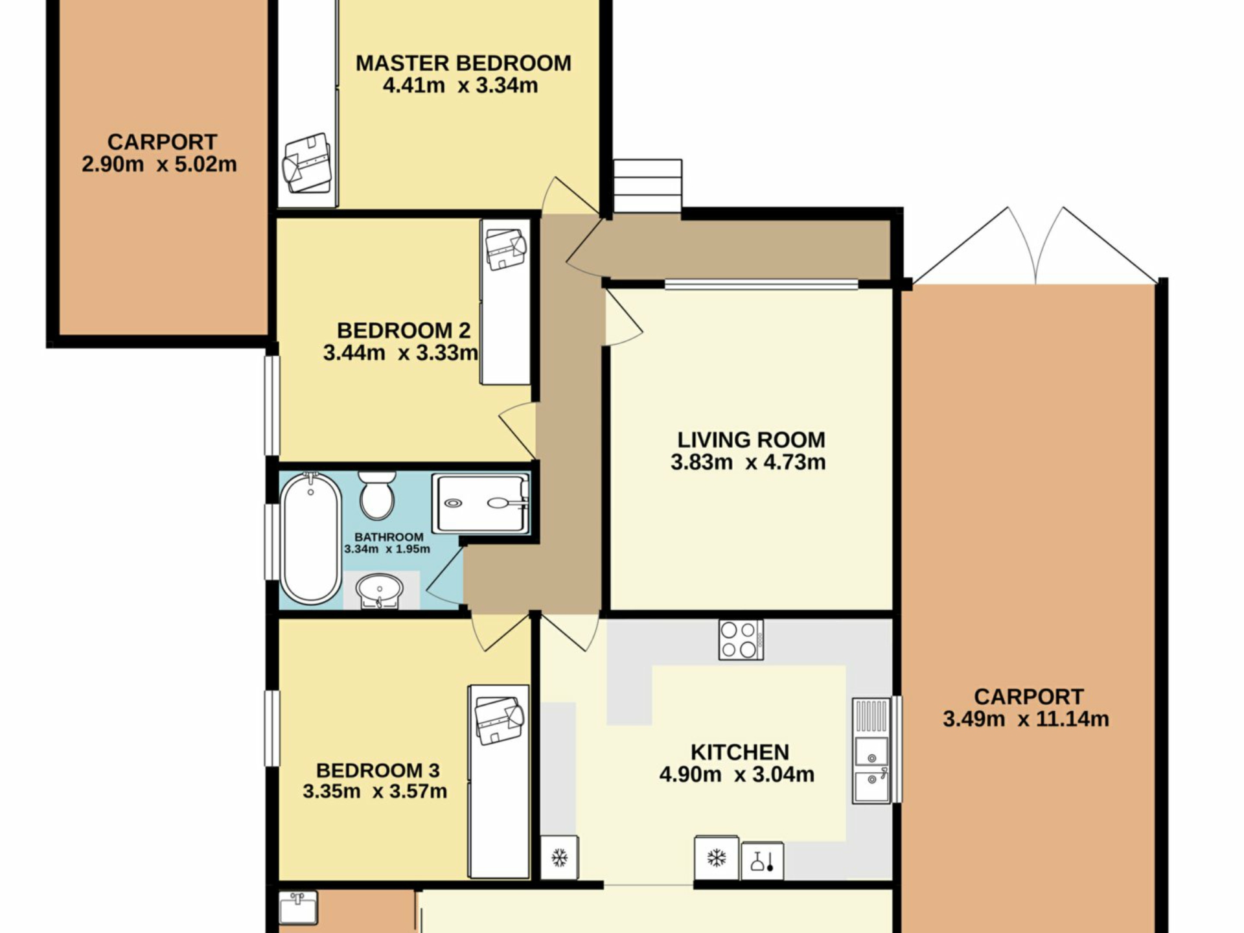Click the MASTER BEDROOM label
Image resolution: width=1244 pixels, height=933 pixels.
tap(463, 63)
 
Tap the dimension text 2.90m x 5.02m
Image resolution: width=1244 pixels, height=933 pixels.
tap(159, 165)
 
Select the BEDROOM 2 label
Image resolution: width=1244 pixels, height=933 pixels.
tap(404, 330)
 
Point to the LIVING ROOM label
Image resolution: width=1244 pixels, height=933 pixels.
tap(752, 440)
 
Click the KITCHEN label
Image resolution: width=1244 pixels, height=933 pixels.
tap(740, 752)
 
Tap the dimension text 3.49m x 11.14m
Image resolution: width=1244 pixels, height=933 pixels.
tap(1026, 719)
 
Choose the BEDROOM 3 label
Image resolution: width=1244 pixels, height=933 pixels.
tap(378, 770)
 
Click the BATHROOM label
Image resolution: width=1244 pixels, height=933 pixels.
tap(389, 537)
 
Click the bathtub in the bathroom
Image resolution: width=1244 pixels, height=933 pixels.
tap(311, 538)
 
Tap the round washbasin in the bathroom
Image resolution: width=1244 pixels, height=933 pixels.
tap(380, 591)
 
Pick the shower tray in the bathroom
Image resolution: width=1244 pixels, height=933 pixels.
tap(481, 504)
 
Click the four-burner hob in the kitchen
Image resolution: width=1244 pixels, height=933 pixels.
tap(741, 640)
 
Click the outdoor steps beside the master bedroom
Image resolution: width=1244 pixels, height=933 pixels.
tap(648, 185)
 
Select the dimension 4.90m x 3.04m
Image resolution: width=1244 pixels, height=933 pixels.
tap(737, 774)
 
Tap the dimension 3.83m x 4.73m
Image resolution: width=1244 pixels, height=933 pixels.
tap(748, 463)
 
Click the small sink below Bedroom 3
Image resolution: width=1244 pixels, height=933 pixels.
tap(298, 907)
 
